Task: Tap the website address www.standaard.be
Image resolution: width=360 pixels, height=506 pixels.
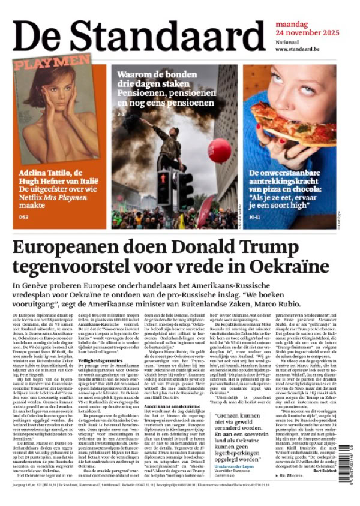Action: tap(300, 49)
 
